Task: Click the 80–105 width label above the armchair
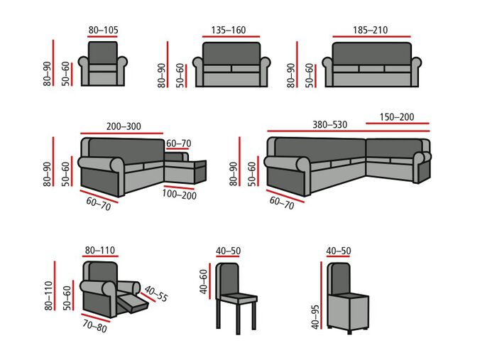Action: point(102,30)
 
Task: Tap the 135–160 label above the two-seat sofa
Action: point(229,30)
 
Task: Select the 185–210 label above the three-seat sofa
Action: point(370,30)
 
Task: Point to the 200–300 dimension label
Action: point(124,126)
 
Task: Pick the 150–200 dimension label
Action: point(397,117)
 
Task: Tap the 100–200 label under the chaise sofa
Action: point(179,194)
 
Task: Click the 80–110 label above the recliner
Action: point(100,251)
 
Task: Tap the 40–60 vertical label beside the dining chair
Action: point(204,281)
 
